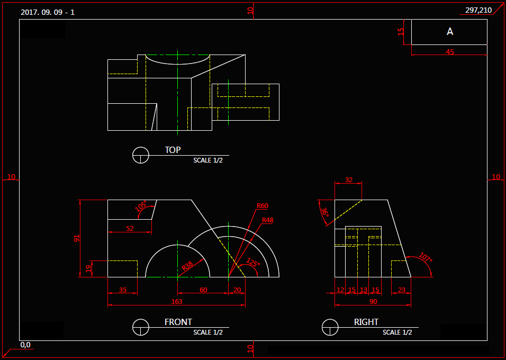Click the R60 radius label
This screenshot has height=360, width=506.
pyautogui.click(x=262, y=206)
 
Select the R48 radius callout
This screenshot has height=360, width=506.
pyautogui.click(x=267, y=220)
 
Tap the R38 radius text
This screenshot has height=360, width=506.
pyautogui.click(x=187, y=266)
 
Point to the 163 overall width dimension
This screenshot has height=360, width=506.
pyautogui.click(x=176, y=301)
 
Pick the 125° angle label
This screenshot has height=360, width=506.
pyautogui.click(x=254, y=263)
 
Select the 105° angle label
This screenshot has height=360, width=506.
pyautogui.click(x=141, y=206)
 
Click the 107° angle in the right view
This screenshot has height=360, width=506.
pyautogui.click(x=424, y=258)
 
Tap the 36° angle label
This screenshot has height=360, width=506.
pyautogui.click(x=324, y=213)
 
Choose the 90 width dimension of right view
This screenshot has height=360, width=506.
pyautogui.click(x=373, y=301)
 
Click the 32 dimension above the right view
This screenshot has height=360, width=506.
pyautogui.click(x=348, y=179)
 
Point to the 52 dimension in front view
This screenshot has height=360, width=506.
pyautogui.click(x=130, y=229)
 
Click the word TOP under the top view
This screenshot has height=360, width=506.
pyautogui.click(x=173, y=150)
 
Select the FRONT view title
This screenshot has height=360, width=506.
pyautogui.click(x=178, y=322)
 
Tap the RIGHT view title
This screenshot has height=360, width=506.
pyautogui.click(x=366, y=322)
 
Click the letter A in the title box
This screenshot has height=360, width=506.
pyautogui.click(x=450, y=32)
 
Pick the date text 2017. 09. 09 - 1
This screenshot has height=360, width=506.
pyautogui.click(x=48, y=12)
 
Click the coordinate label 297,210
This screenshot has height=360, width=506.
pyautogui.click(x=478, y=10)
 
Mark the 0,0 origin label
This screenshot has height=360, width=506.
pyautogui.click(x=25, y=345)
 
